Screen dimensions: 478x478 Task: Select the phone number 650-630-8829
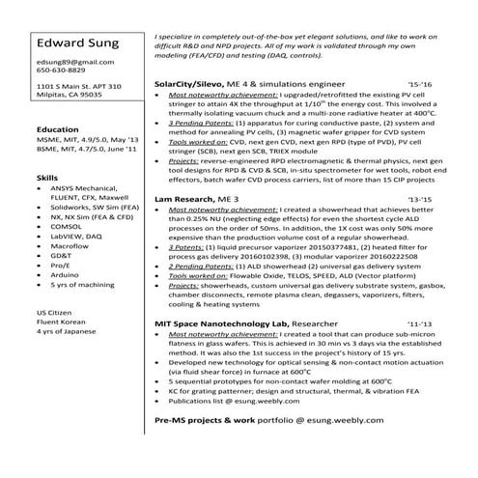pyautogui.click(x=60, y=70)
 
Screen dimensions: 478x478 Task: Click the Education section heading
pyautogui.click(x=57, y=128)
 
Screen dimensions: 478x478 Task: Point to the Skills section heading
pyautogui.click(x=45, y=179)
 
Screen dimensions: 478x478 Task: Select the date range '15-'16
pyautogui.click(x=421, y=85)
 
